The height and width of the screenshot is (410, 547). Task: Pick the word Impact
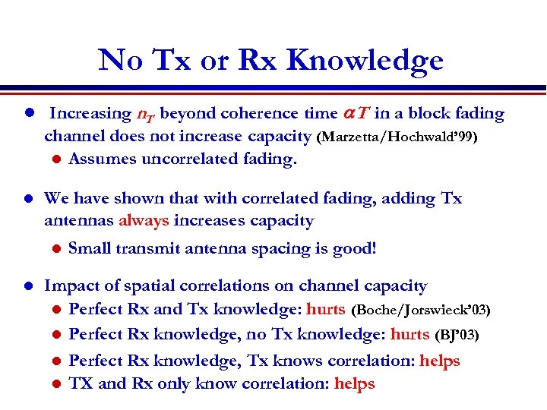[70, 286]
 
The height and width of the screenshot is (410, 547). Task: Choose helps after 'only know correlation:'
[354, 383]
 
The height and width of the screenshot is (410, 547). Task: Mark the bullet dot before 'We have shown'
[27, 199]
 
